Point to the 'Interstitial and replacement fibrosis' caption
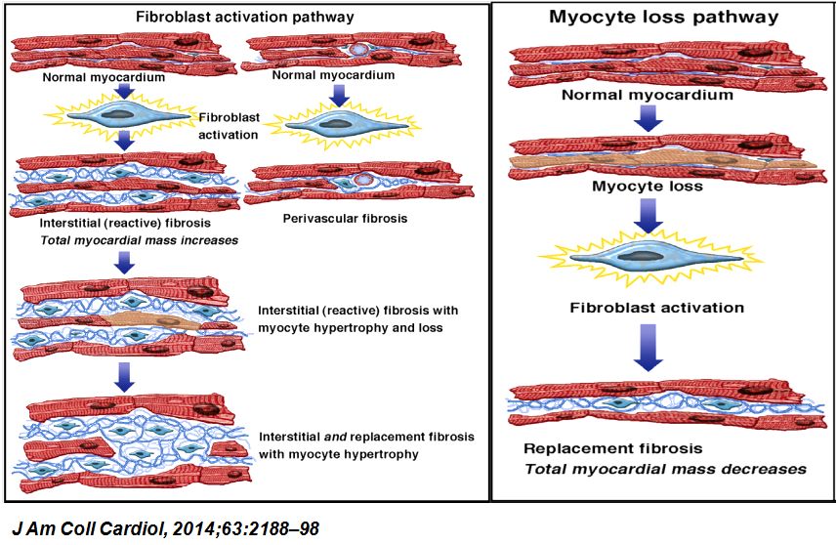pyautogui.click(x=366, y=444)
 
